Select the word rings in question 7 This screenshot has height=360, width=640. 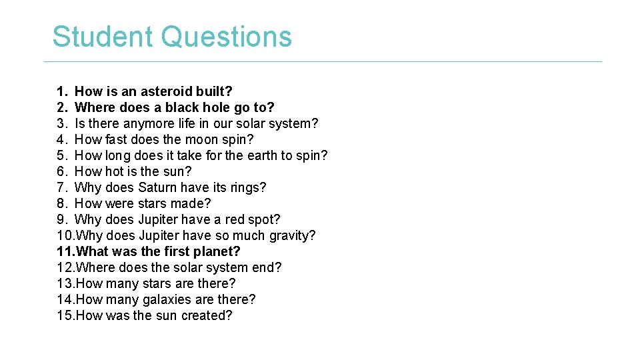[247, 187]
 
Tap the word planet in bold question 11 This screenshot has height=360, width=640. [216, 251]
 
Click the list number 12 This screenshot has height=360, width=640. [66, 267]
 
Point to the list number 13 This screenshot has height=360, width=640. [66, 283]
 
